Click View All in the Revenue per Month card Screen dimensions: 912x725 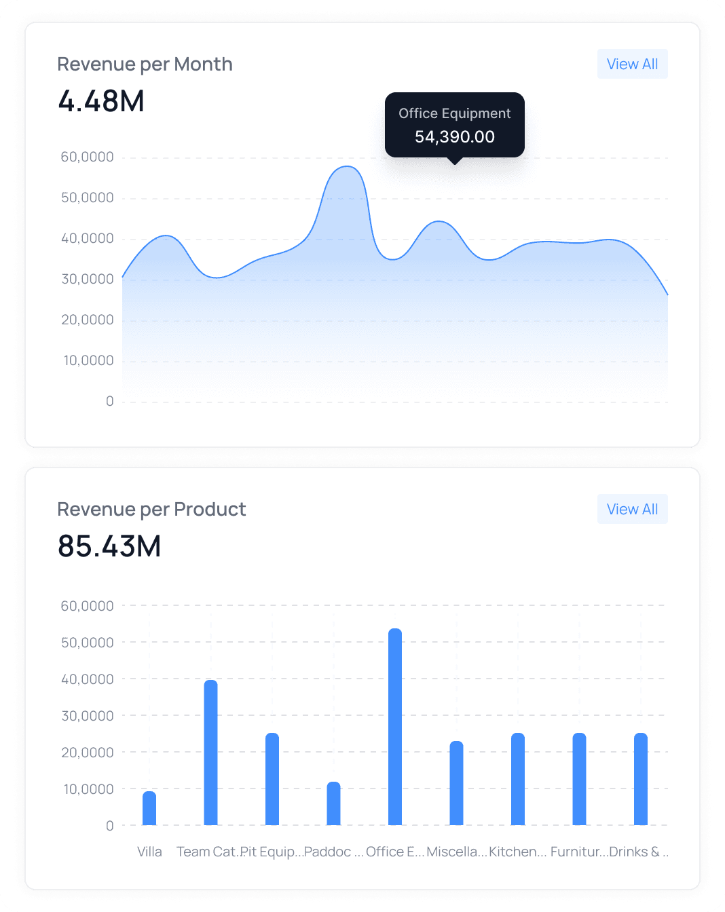click(632, 64)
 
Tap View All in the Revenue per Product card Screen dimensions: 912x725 click(632, 509)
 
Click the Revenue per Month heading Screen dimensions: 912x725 click(145, 64)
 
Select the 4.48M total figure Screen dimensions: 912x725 click(101, 101)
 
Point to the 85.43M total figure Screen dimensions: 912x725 click(109, 546)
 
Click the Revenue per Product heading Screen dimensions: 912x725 click(151, 509)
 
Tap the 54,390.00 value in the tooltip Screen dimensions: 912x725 click(454, 137)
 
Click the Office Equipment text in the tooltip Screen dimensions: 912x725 click(454, 113)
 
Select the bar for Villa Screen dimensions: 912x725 click(149, 808)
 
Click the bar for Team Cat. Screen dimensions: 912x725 click(210, 753)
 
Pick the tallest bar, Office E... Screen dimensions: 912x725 click(395, 727)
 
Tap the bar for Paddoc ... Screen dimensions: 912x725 click(333, 803)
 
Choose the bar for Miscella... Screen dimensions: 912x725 click(456, 783)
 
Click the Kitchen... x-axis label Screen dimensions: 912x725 click(517, 852)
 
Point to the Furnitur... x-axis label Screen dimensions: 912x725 click(578, 852)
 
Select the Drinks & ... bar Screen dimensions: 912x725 click(641, 779)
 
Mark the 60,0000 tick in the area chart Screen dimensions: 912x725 click(88, 157)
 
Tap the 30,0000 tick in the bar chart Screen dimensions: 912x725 click(88, 716)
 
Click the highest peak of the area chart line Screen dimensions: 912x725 click(347, 166)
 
